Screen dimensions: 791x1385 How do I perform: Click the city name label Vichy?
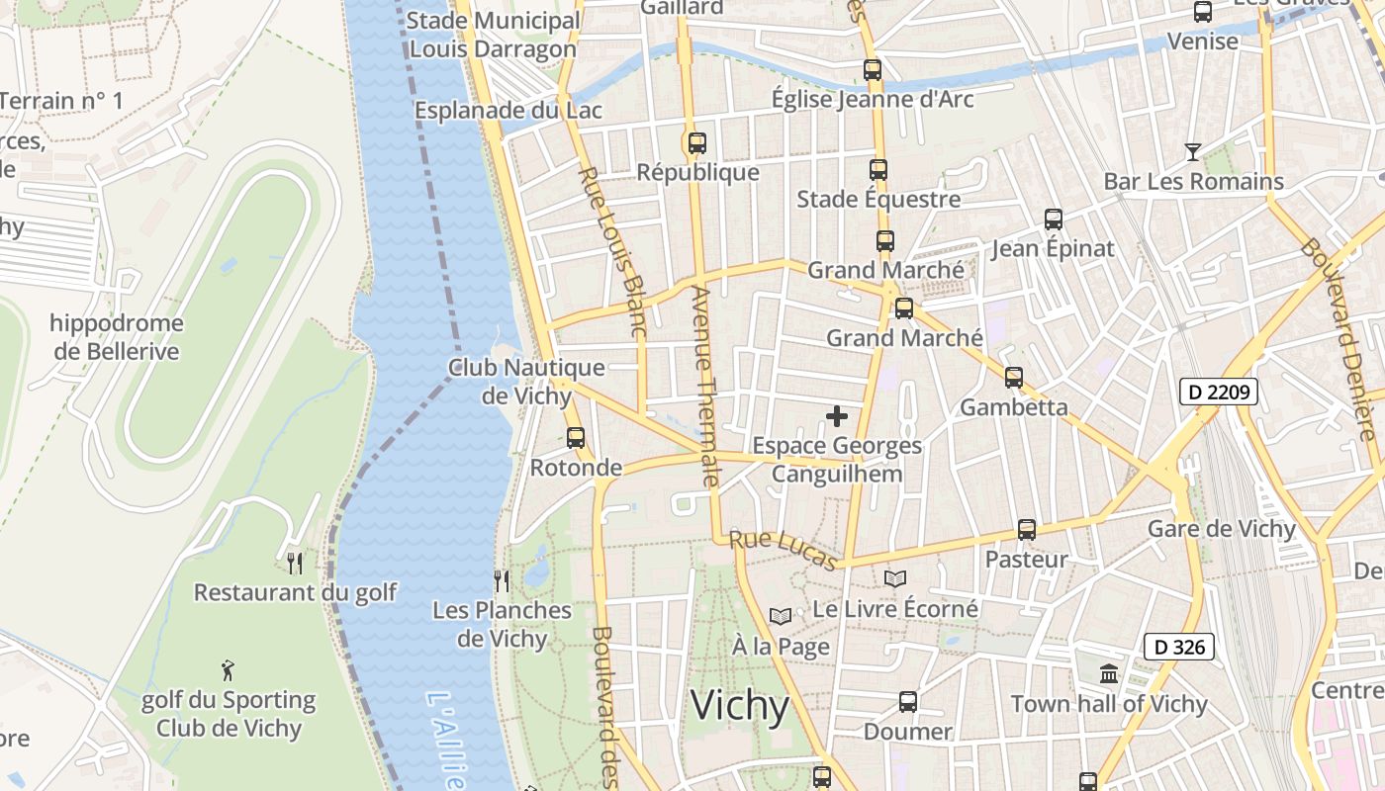(x=740, y=706)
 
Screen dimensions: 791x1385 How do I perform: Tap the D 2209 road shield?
(x=1219, y=392)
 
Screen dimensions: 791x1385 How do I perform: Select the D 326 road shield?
(x=1178, y=648)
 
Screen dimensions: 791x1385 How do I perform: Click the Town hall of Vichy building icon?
(x=1109, y=674)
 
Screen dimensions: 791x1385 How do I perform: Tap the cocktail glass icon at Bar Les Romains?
(x=1193, y=152)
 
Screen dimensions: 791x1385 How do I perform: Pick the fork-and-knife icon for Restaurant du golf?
(x=295, y=564)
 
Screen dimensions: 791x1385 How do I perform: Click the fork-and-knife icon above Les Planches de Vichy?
(x=502, y=580)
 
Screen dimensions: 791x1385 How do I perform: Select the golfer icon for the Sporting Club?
(x=229, y=670)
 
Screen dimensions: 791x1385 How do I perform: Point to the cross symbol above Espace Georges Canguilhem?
(x=837, y=416)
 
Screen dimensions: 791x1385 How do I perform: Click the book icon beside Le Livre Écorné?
(x=895, y=579)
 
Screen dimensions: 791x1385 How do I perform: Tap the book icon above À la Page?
(x=781, y=617)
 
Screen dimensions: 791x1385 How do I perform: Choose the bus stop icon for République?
(x=697, y=143)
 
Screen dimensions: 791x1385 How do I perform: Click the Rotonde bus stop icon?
(x=576, y=437)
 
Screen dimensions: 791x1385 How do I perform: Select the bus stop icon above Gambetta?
(x=1014, y=377)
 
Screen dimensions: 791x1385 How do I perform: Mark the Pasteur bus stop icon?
(x=1027, y=530)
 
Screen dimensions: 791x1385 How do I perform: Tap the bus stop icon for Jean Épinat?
(x=1054, y=219)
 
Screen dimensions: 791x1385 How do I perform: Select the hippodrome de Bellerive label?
(x=117, y=337)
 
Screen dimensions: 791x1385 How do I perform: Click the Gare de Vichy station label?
(x=1222, y=529)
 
